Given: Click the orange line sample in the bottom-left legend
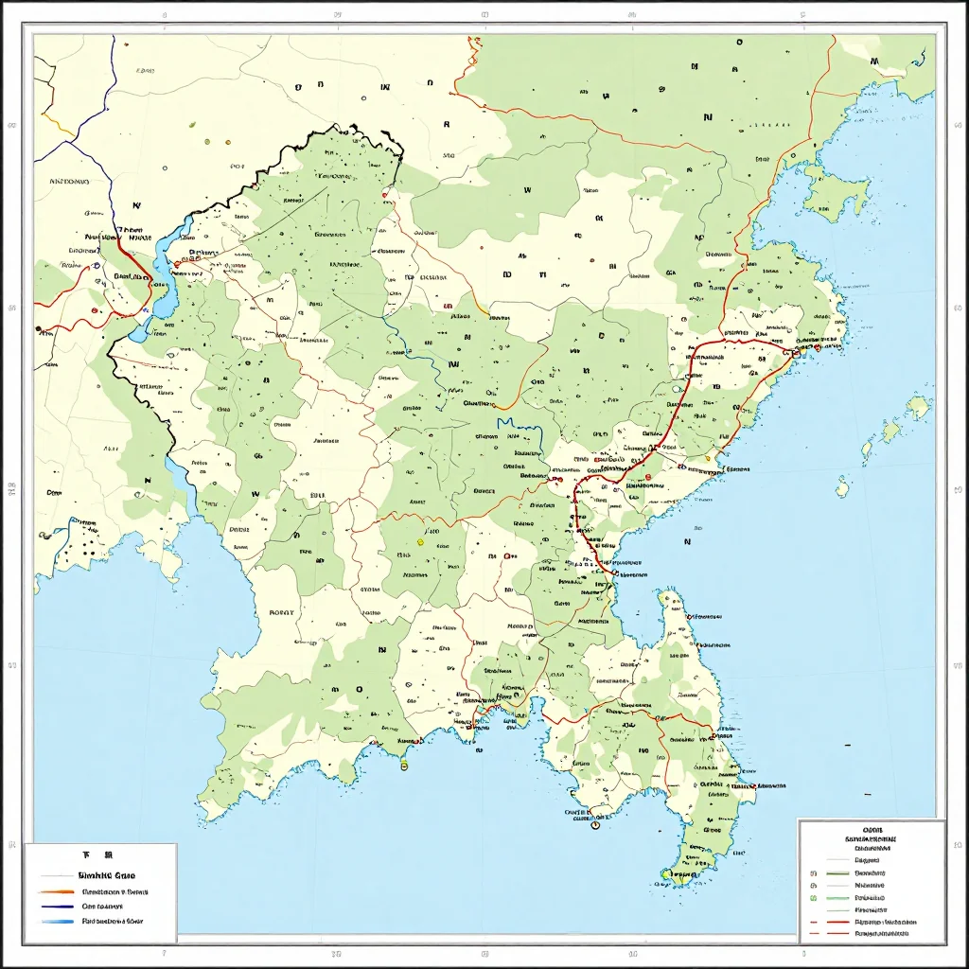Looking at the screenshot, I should pos(57,891).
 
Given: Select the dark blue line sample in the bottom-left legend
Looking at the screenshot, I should pos(57,906).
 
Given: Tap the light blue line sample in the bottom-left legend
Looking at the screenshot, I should pos(57,920).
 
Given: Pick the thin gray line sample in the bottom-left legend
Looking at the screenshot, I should pos(57,876).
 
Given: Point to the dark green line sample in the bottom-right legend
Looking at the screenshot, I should pos(838,872).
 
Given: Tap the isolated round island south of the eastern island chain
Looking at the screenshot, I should pos(842,488).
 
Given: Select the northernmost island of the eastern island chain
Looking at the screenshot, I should pos(919,407).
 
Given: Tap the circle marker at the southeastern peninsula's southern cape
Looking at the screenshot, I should pos(595,825).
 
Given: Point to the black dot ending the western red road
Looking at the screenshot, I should pos(39,329).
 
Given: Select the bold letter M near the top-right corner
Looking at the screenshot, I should pos(873,62).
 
